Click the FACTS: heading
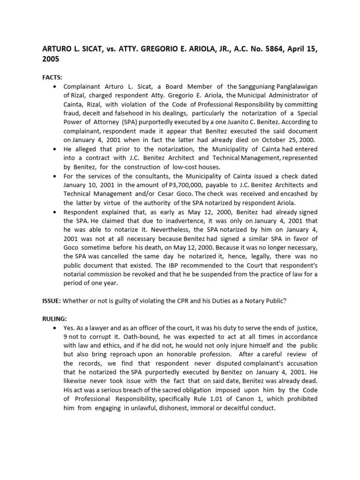point(52,77)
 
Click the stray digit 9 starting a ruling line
point(65,337)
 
